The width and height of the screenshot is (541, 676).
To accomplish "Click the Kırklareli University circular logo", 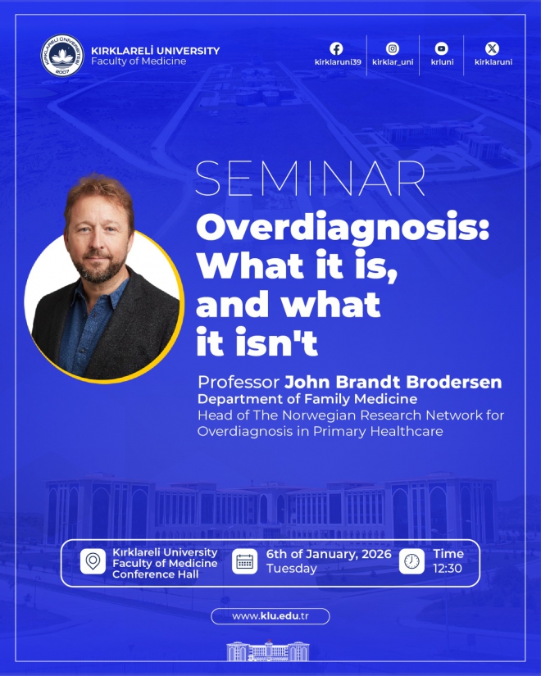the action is click(x=62, y=56).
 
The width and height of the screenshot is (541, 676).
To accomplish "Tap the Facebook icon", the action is click(x=337, y=48).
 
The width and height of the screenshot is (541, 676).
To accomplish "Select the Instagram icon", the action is click(x=392, y=48).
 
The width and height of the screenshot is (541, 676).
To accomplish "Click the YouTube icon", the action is click(x=441, y=48).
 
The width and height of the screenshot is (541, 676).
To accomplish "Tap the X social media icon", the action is click(x=493, y=48).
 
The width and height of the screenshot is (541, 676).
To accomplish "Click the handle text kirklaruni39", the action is click(x=338, y=62).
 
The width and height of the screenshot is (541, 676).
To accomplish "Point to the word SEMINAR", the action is click(x=310, y=179).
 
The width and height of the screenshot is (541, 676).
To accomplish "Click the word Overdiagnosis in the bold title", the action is click(x=343, y=229).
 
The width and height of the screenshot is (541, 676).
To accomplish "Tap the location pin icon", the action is click(x=93, y=561).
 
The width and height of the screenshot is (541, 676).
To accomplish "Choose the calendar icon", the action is click(x=244, y=561).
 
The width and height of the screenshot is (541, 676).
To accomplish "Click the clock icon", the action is click(x=411, y=561).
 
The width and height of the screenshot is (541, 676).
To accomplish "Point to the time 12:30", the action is click(x=448, y=568).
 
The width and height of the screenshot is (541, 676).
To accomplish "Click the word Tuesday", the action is click(x=291, y=569).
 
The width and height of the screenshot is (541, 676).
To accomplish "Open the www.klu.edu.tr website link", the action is click(x=270, y=616).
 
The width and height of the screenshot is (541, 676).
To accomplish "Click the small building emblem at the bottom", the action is click(x=267, y=651).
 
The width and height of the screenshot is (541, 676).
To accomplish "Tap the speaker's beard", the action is click(x=100, y=270).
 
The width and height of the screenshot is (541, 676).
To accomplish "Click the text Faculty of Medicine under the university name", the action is click(x=139, y=61).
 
